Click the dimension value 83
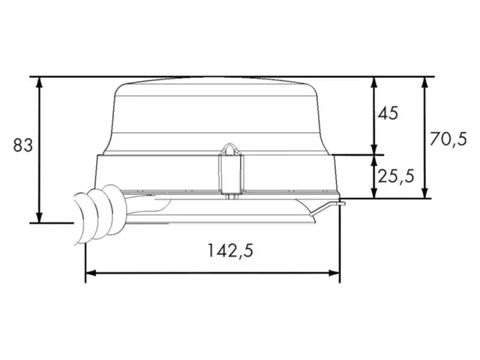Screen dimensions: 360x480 [23, 145]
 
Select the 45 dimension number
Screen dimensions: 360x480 [388, 114]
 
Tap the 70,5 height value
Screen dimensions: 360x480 [448, 138]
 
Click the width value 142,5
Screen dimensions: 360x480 [229, 252]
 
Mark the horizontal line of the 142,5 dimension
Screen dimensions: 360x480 [214, 274]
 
